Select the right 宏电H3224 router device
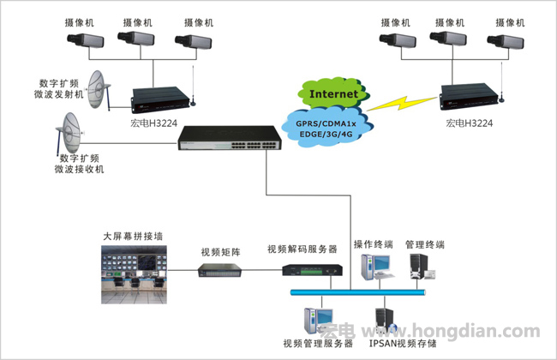466,96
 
